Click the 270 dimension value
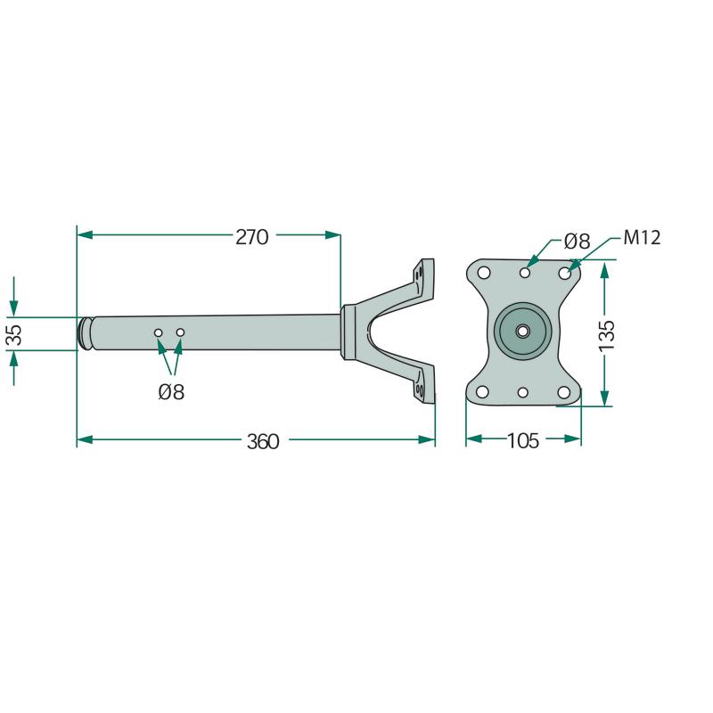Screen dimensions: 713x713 tap(252, 237)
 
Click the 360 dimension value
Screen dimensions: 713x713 tap(263, 441)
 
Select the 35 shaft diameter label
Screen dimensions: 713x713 tap(15, 335)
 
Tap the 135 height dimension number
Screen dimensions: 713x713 tap(607, 336)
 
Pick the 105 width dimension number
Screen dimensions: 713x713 tap(523, 440)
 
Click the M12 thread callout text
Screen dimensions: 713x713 tap(642, 237)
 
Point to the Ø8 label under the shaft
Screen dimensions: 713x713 tap(171, 392)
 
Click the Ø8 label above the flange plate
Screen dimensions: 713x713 tap(577, 241)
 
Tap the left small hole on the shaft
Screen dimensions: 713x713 tap(159, 332)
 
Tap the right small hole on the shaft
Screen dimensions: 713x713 tap(180, 332)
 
